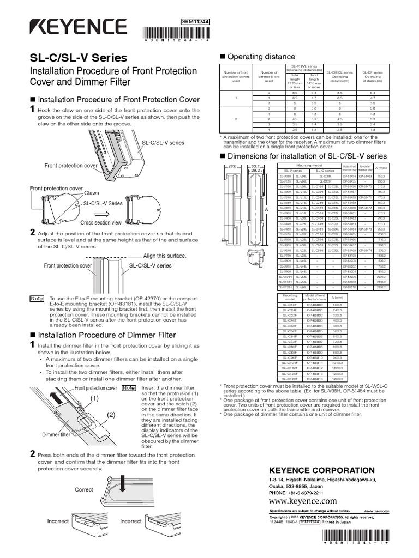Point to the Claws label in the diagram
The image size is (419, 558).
point(91,193)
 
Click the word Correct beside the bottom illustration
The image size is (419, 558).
point(83,489)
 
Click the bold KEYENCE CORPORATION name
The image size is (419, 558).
point(315,470)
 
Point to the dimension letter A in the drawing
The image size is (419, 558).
point(266,210)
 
